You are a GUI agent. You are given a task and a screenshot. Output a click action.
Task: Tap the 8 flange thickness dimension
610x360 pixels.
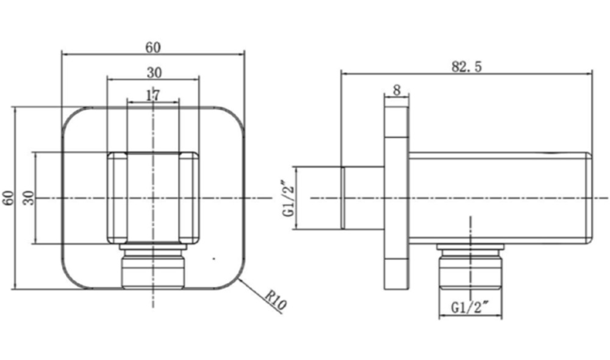[396, 90]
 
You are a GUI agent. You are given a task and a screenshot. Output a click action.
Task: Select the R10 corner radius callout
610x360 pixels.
[276, 301]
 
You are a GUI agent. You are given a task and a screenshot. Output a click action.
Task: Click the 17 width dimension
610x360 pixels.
[153, 95]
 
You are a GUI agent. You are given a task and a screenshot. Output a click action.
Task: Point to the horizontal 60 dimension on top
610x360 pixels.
[153, 47]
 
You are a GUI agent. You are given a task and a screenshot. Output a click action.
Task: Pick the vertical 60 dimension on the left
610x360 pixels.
[8, 199]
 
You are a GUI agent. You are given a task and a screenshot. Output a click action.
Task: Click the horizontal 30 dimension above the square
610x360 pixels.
[154, 73]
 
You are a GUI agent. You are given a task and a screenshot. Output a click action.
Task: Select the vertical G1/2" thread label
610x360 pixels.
[287, 198]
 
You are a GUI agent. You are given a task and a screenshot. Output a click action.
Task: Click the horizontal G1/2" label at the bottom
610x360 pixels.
[470, 308]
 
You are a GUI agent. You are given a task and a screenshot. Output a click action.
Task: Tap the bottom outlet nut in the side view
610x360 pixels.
[470, 268]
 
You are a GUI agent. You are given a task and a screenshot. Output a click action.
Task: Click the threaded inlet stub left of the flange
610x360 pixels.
[363, 198]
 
